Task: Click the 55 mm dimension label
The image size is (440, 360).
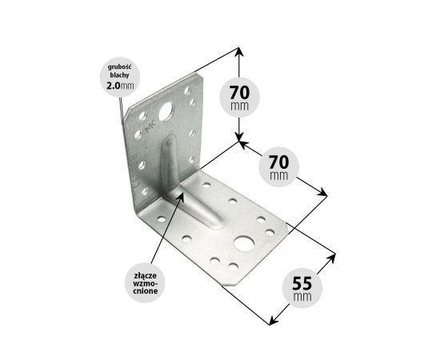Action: [302, 288]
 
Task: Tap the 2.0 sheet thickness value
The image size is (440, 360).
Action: [113, 86]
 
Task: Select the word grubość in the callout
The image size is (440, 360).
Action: [120, 67]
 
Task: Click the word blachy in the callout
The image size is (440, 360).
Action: [120, 75]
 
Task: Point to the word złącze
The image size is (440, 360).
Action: [145, 275]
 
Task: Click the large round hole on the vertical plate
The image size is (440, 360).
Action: [166, 111]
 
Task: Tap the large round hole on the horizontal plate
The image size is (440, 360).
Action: [244, 243]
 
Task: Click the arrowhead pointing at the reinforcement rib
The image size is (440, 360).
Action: [181, 197]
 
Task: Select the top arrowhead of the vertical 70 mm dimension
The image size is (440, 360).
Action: [238, 51]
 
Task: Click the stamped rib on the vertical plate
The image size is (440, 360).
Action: [169, 162]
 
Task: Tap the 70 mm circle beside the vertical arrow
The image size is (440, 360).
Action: [239, 98]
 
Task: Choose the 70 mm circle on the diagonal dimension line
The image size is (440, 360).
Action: [278, 167]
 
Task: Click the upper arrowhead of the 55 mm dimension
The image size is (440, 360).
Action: [332, 258]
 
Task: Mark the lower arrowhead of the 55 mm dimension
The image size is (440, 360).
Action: [273, 321]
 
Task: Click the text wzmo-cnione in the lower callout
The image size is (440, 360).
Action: [145, 287]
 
